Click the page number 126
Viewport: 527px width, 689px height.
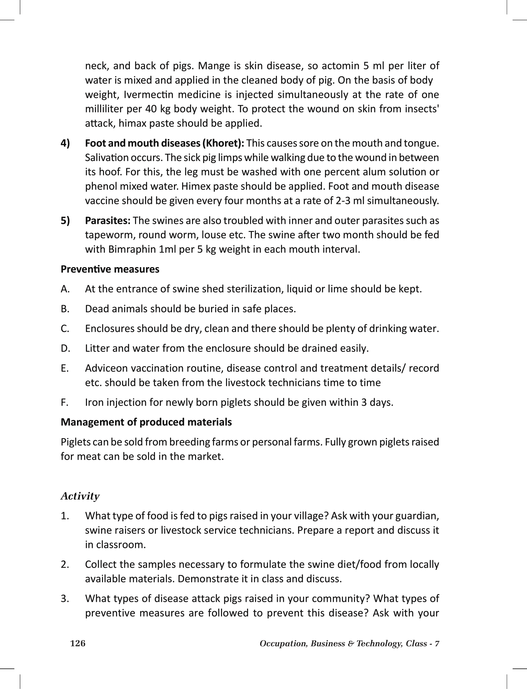pyautogui.click(x=78, y=643)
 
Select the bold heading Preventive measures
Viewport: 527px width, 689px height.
pyautogui.click(x=110, y=269)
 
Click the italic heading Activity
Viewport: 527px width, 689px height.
pyautogui.click(x=80, y=496)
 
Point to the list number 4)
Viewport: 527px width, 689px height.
pyautogui.click(x=65, y=143)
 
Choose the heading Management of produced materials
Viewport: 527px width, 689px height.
pyautogui.click(x=146, y=422)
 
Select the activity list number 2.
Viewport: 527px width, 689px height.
pyautogui.click(x=65, y=565)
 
